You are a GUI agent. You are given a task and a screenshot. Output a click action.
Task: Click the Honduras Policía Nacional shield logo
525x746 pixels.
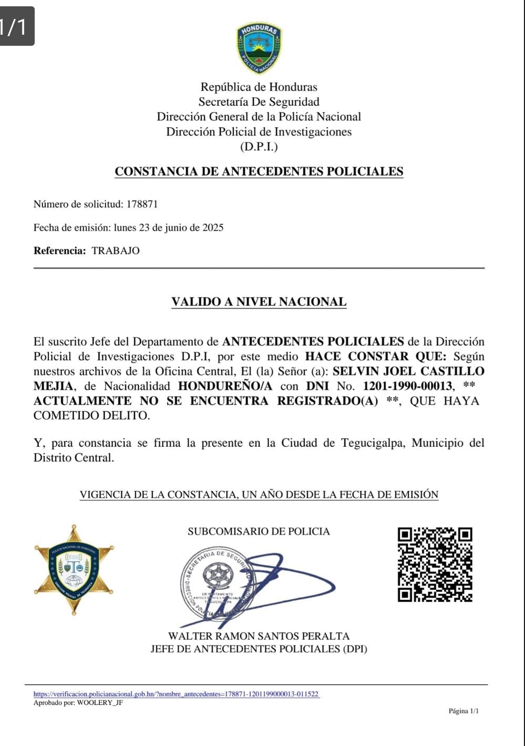pos(259,48)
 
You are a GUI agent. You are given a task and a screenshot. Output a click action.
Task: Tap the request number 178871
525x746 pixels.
pos(142,204)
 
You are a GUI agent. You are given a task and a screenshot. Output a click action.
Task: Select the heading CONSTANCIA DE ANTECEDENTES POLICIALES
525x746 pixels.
pos(259,172)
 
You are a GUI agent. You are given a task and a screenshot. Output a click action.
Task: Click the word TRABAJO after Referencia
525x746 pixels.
pos(116,251)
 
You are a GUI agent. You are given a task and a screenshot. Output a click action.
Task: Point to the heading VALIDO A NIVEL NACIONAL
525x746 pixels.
pos(259,302)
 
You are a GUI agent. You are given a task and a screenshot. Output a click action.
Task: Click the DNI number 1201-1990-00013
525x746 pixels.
pos(407,386)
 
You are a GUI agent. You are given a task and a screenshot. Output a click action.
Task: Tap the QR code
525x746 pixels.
pos(435,564)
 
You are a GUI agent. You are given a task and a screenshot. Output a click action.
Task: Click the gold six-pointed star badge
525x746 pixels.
pos(74,569)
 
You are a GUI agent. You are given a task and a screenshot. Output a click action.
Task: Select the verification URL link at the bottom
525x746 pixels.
pos(176,694)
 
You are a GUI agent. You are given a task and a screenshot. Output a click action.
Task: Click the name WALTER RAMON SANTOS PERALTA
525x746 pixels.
pos(259,636)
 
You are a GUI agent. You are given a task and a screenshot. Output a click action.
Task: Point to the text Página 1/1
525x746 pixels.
pos(464,711)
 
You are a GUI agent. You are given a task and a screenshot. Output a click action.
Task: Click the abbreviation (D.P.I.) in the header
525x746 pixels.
pos(259,147)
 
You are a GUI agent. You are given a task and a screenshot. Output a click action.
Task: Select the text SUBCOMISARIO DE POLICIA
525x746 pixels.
pos(259,531)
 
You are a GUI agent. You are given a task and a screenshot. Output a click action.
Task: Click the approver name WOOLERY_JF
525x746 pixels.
pos(100,703)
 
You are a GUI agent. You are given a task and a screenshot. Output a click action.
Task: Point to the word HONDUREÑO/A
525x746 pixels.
pos(225,386)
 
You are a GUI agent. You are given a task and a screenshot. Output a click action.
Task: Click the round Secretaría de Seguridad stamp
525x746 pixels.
pos(217,582)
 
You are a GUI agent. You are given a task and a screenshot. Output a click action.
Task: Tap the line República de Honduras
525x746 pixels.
pos(259,87)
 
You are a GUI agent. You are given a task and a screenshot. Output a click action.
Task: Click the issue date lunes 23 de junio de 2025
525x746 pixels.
pos(168,228)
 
